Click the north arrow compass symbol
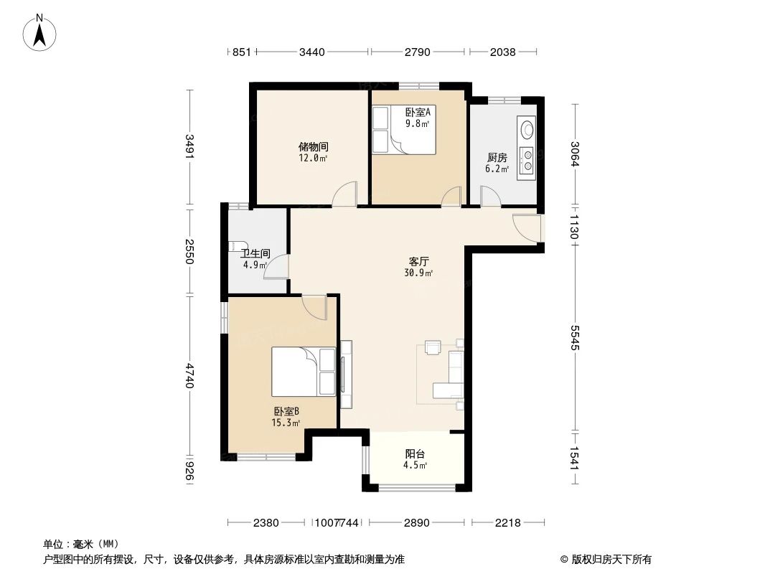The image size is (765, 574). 42,32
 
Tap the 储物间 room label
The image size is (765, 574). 314,146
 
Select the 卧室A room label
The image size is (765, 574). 417,112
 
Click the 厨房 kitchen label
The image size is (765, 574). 497,157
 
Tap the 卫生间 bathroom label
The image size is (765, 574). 255,253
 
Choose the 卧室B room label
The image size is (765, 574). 286,411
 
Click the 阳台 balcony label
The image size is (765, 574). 415,453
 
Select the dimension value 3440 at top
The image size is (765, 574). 312,52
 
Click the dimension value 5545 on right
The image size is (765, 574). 575,337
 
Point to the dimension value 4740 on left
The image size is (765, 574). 189,376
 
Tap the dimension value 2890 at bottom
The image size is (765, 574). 416,522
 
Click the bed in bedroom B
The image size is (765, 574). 303,371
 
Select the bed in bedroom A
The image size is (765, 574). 404,130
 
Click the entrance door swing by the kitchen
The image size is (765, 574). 527,228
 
